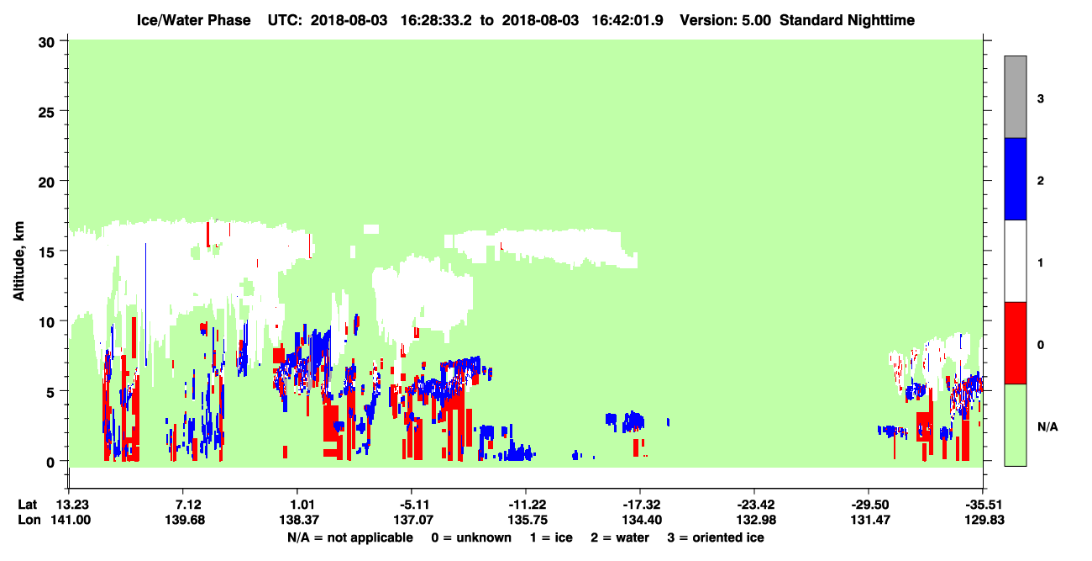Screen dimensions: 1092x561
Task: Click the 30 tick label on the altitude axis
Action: point(46,43)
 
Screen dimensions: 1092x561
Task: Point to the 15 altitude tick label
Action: point(46,251)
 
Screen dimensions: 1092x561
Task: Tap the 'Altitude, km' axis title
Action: point(18,261)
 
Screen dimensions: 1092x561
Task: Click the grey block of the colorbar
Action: point(1016,97)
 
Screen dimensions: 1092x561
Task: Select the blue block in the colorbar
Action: point(1016,178)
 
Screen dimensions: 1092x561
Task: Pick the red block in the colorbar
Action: point(1016,343)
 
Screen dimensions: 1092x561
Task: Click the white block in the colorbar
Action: point(1016,262)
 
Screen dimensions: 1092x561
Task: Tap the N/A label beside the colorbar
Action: point(1047,427)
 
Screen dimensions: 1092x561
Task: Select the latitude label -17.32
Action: point(642,505)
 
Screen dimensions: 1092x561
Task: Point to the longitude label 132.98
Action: point(756,520)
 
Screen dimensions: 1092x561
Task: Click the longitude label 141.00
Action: point(71,520)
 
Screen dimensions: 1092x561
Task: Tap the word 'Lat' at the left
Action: point(27,505)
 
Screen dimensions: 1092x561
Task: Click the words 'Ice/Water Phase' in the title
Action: point(193,20)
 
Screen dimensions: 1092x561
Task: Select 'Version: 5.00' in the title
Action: point(726,20)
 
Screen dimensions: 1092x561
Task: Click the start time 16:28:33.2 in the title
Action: point(436,20)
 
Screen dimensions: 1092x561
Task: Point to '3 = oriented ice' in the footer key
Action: point(716,537)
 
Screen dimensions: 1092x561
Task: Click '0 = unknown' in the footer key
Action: point(471,537)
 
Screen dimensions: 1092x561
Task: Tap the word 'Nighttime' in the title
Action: point(881,20)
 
